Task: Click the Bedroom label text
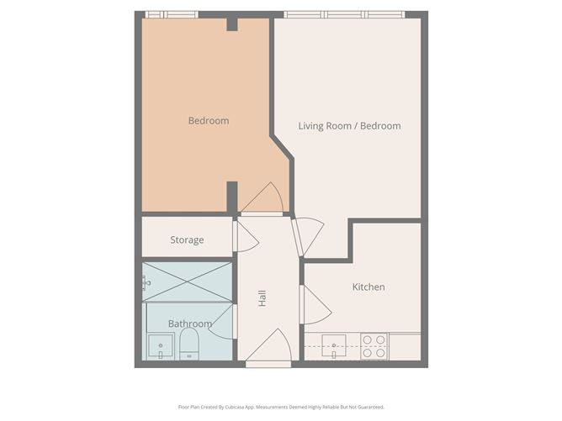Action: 208,121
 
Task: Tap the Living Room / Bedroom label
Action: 349,126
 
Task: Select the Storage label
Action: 187,240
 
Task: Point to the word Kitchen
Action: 368,287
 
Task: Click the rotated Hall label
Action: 262,297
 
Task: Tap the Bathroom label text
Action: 189,324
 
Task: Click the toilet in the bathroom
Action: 188,344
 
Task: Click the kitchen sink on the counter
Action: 334,345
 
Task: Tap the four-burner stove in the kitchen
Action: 374,346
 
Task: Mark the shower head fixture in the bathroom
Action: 146,282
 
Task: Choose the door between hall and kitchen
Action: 311,304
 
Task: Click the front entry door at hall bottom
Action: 269,349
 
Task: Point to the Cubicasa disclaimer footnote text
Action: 281,406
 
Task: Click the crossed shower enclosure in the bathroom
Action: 187,282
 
